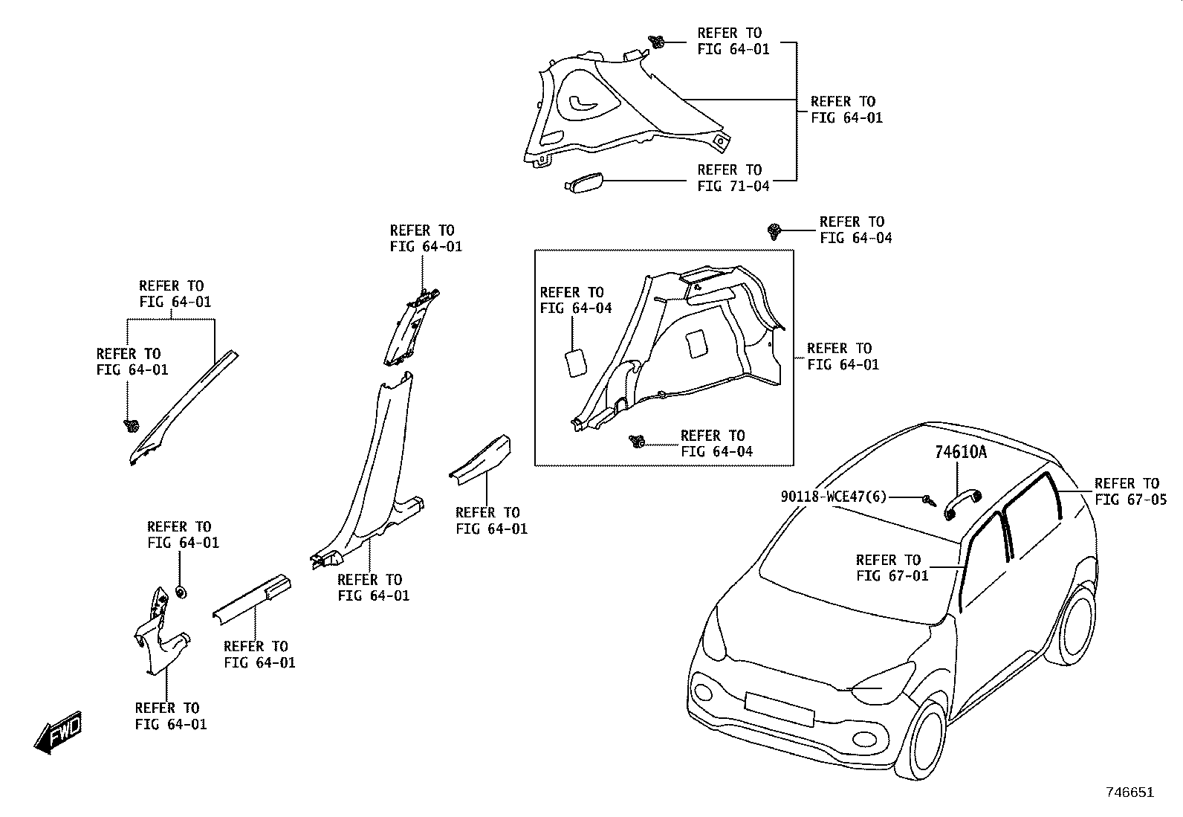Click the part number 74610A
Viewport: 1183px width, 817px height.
tap(960, 452)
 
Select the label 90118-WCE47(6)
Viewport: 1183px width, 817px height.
tap(834, 497)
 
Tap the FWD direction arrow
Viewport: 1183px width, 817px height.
tap(58, 732)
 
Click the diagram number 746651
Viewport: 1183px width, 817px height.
tap(1130, 792)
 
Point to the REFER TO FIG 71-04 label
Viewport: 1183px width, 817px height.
tap(733, 178)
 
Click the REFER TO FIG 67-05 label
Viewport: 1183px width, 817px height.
tap(1130, 491)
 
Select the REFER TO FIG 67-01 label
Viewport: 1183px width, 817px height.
tap(892, 567)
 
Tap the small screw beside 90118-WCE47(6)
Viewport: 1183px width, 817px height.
tap(929, 500)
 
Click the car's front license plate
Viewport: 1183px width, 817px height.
tap(779, 709)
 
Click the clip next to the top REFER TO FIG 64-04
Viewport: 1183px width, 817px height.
tap(774, 231)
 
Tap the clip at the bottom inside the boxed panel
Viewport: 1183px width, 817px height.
tap(638, 442)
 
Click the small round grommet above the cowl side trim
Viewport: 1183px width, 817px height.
tap(181, 592)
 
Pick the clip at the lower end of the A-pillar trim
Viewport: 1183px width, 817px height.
tap(131, 425)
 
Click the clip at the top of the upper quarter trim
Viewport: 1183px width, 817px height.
tap(656, 41)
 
